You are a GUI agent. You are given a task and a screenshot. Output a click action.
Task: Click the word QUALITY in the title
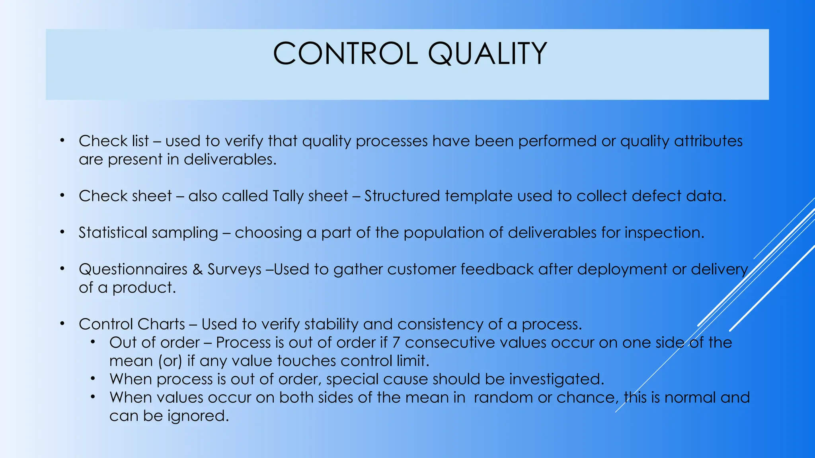coord(487,54)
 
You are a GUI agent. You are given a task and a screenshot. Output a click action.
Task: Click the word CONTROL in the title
coord(345,54)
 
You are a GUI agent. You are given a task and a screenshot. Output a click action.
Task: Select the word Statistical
coord(113,233)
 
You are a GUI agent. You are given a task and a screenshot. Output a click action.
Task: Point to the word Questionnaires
coord(133,270)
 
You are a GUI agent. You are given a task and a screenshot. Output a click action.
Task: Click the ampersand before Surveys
coord(197,270)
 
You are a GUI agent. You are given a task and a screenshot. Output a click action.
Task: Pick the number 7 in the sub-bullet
coord(396,343)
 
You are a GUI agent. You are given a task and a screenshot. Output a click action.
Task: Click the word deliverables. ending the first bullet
coord(230,159)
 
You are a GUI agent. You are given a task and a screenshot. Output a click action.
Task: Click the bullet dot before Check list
coord(62,140)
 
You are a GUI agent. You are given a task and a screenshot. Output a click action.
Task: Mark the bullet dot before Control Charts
coord(62,324)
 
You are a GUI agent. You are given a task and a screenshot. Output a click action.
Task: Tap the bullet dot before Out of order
coord(93,342)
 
